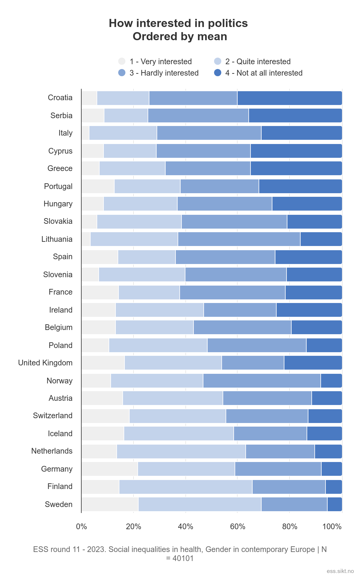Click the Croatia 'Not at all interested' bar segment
click(x=289, y=98)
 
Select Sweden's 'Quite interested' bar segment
click(x=200, y=504)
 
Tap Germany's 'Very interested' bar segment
click(x=109, y=469)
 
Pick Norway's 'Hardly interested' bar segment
click(x=262, y=381)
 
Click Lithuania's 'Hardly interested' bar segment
click(x=239, y=239)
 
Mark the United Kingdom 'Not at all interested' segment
click(x=313, y=363)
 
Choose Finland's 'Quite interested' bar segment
click(x=186, y=487)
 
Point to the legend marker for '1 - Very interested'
click(x=122, y=61)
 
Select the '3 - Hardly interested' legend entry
click(x=164, y=73)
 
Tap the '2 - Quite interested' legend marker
click(x=218, y=61)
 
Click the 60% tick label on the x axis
click(x=238, y=527)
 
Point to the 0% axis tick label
click(x=82, y=527)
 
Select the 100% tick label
click(x=332, y=527)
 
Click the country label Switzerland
click(x=53, y=416)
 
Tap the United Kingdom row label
click(x=45, y=363)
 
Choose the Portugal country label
click(x=58, y=186)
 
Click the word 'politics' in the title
click(x=228, y=23)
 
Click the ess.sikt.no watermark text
click(x=340, y=571)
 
